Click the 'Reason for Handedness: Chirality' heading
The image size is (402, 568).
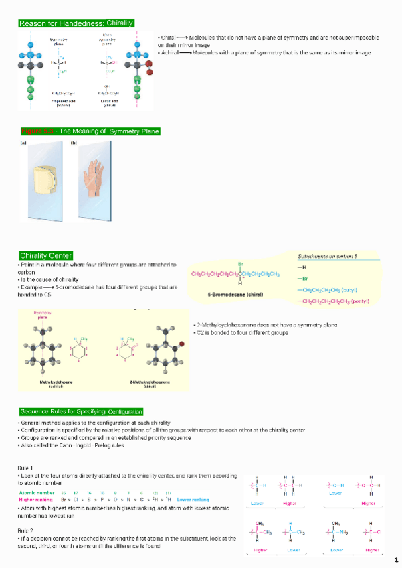pyautogui.click(x=76, y=23)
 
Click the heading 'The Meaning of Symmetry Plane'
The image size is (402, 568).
pyautogui.click(x=90, y=131)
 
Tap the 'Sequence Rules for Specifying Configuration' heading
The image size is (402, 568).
pyautogui.click(x=81, y=411)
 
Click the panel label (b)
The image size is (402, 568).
pyautogui.click(x=74, y=143)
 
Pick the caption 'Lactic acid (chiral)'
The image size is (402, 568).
pyautogui.click(x=110, y=102)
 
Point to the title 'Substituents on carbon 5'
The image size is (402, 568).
pyautogui.click(x=328, y=256)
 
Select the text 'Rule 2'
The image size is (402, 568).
pyautogui.click(x=25, y=530)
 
